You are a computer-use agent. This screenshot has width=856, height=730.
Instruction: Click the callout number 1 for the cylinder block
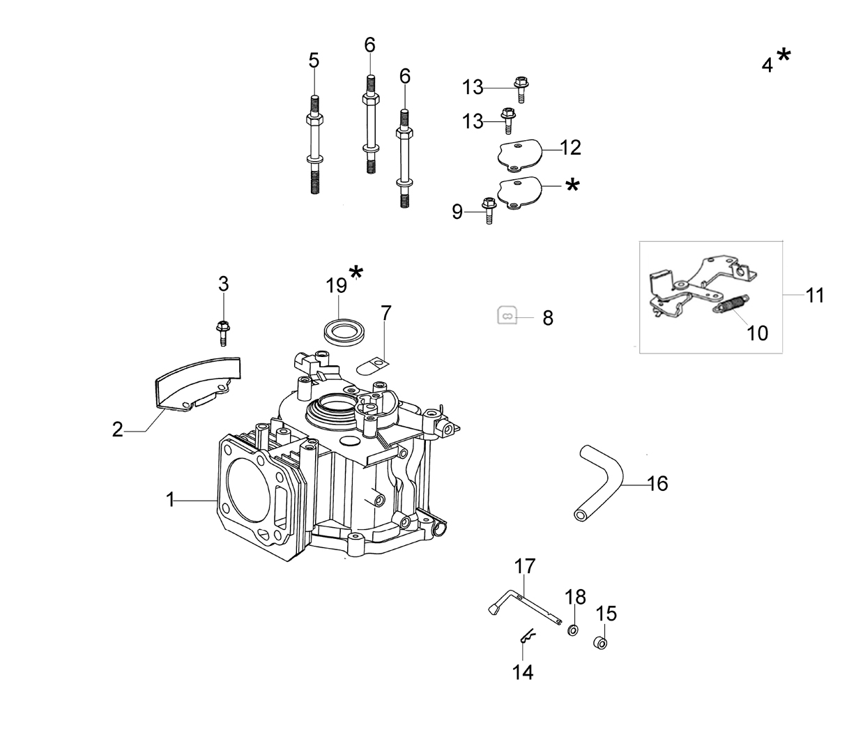(x=170, y=500)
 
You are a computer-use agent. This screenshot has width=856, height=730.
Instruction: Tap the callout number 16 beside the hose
(x=657, y=483)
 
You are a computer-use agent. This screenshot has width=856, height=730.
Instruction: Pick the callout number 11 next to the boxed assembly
(x=815, y=296)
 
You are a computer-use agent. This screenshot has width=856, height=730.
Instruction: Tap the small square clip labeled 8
(x=507, y=315)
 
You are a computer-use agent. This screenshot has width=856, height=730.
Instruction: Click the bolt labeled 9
(x=489, y=211)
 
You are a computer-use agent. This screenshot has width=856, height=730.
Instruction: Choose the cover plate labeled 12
(x=519, y=154)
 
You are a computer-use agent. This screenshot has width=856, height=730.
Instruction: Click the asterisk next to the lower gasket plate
(x=572, y=185)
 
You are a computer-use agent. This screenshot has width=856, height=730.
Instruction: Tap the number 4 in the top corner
(x=767, y=66)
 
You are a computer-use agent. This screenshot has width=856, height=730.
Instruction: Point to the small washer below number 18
(x=573, y=630)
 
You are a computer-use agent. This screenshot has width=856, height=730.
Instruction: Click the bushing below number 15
(x=600, y=643)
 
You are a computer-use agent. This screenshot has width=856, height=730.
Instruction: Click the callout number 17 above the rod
(x=525, y=566)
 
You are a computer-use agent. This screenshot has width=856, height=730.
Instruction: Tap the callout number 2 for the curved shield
(x=118, y=429)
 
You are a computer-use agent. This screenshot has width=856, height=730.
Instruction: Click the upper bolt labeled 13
(x=521, y=89)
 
